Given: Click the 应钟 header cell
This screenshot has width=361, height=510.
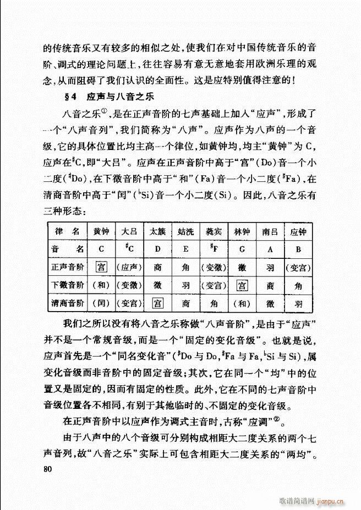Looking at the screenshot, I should click(x=299, y=231).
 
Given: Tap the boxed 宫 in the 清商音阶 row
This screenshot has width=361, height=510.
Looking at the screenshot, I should click(x=158, y=303).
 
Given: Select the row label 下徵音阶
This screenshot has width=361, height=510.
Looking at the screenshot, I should click(x=67, y=285).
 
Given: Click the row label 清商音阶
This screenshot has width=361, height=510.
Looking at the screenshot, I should click(x=67, y=303).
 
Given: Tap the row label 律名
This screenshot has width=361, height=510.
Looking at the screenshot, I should click(x=67, y=231).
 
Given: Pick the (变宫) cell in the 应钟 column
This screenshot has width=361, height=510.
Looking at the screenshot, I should click(x=299, y=267).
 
